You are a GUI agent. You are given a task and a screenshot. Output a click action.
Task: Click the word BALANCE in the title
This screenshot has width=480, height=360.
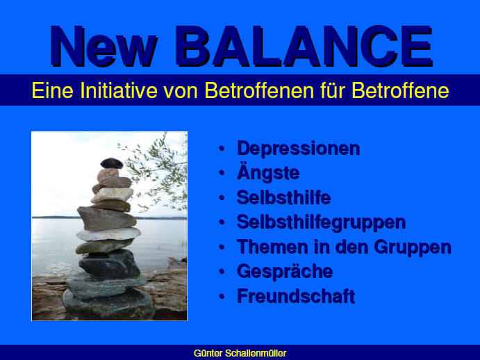[x=304, y=47]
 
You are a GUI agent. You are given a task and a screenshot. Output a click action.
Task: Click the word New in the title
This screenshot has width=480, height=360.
[x=104, y=47]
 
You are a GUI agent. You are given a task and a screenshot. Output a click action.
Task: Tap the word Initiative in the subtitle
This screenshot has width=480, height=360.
[x=119, y=90]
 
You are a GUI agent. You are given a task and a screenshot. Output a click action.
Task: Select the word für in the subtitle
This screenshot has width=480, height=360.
[x=333, y=90]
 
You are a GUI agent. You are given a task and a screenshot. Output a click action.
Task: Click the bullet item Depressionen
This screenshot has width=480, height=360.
[x=299, y=149]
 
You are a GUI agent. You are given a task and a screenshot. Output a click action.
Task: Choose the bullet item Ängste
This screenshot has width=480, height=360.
[x=268, y=172]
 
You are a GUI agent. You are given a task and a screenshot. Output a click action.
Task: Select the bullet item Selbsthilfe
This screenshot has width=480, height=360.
[x=284, y=197]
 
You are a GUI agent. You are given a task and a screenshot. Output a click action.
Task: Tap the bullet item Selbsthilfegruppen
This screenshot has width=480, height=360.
[x=321, y=222]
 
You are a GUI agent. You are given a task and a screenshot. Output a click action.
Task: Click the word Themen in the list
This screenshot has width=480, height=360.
[x=272, y=247]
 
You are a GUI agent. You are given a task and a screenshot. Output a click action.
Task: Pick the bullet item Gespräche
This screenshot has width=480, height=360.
[x=285, y=272]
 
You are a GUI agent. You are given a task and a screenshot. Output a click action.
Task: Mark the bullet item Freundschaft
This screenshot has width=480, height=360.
[x=296, y=296]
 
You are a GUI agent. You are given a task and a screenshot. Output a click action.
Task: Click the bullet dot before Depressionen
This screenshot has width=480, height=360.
[x=222, y=149]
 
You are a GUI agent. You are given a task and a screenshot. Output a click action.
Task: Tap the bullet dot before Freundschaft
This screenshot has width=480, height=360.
[x=222, y=297]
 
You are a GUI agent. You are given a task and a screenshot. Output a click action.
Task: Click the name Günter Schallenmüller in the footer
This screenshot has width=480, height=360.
[x=240, y=353]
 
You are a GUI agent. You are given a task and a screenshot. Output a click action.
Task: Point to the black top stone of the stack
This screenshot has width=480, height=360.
[x=112, y=163]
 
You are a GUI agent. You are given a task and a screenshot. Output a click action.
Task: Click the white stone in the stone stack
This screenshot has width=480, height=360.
[x=108, y=234]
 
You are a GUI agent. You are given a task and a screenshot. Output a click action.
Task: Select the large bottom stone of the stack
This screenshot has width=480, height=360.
[x=108, y=304]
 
